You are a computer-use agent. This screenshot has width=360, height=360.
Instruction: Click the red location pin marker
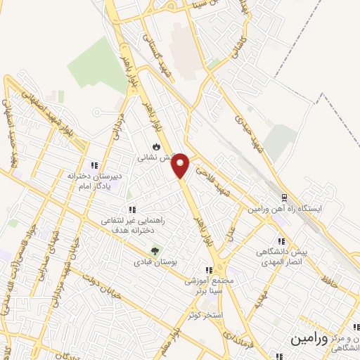(181, 165)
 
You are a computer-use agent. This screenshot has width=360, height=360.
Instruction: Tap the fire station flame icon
(156, 147)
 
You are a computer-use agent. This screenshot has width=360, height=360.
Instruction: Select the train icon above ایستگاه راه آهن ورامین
(284, 198)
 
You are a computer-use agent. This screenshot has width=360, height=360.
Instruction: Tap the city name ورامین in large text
(309, 339)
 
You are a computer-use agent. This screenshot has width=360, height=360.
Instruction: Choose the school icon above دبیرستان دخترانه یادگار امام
(94, 165)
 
